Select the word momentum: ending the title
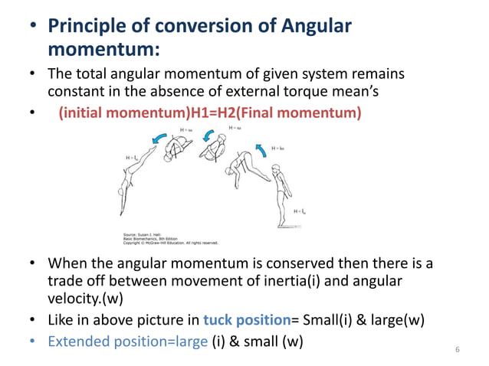pos(104,51)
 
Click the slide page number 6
pos(457,350)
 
